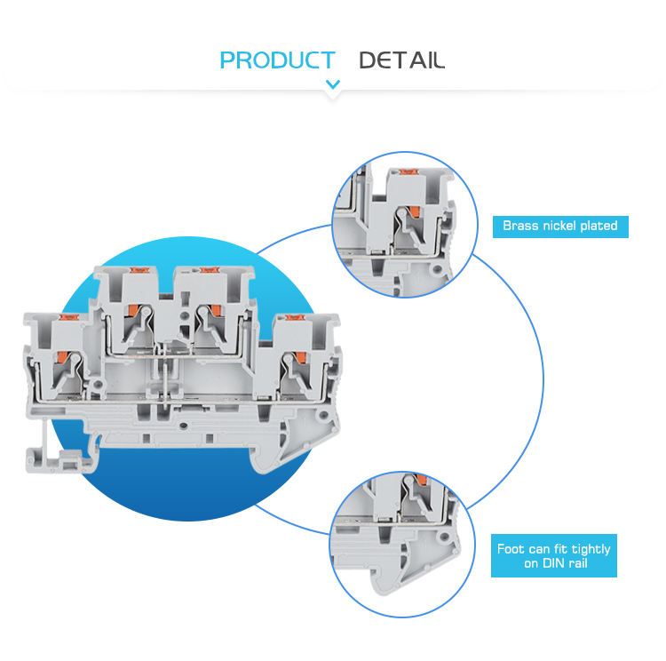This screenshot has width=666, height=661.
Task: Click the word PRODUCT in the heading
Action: pyautogui.click(x=277, y=60)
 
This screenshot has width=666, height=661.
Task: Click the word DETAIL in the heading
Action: pyautogui.click(x=401, y=60)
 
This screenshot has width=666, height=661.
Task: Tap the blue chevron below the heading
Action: pyautogui.click(x=333, y=85)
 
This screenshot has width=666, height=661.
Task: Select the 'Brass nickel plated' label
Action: pyautogui.click(x=560, y=226)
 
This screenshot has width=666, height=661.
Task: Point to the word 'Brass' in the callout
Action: pyautogui.click(x=520, y=226)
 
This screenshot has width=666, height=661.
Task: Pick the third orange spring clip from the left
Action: pyautogui.click(x=212, y=309)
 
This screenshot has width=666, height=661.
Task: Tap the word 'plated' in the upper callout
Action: pyautogui.click(x=598, y=226)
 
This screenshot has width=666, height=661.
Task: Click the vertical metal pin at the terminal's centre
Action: pyautogui.click(x=164, y=382)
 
